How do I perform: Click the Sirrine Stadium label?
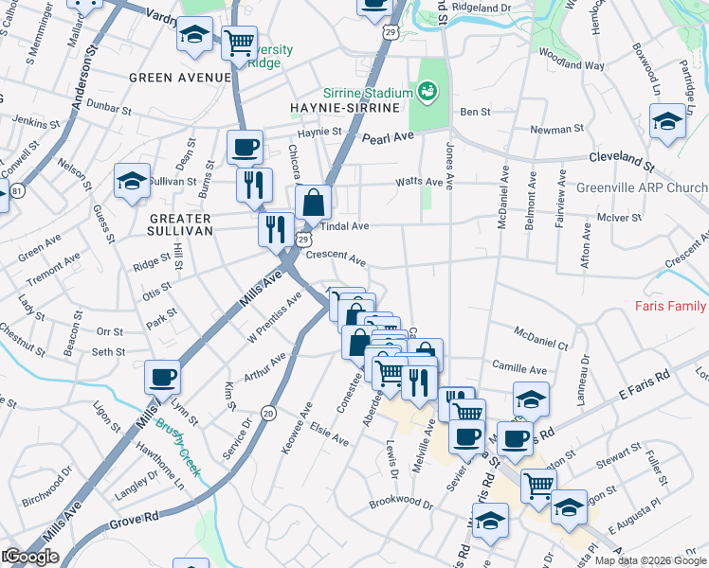367,93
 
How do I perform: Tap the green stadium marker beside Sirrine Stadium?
427,92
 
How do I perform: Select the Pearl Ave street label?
389,138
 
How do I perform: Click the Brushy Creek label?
179,438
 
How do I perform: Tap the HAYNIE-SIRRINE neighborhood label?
339,109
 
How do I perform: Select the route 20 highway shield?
267,412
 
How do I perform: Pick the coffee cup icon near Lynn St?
162,378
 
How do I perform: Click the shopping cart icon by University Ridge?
239,43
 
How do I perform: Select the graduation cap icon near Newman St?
667,122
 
